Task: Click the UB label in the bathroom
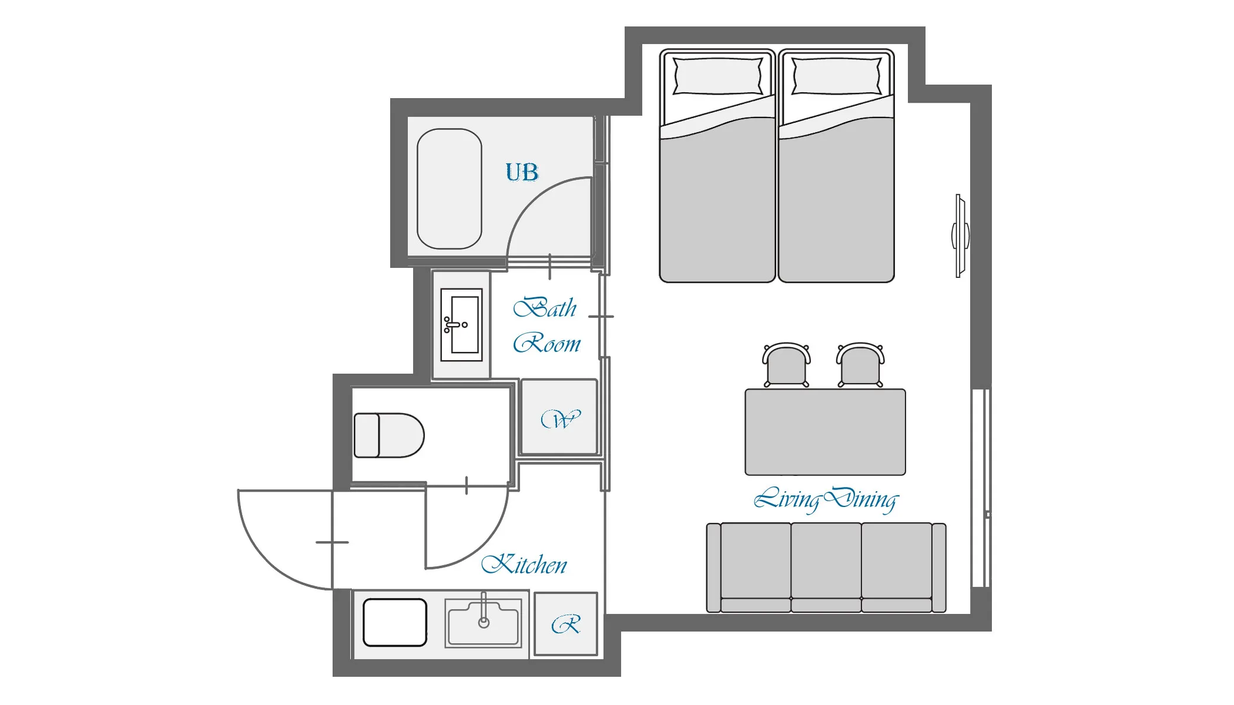point(522,172)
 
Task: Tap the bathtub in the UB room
point(450,189)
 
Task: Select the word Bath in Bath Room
point(545,308)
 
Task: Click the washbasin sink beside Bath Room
point(461,324)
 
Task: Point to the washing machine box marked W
point(559,417)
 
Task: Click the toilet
point(389,435)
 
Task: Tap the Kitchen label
point(524,565)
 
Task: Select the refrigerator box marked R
point(566,624)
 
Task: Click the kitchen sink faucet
point(484,610)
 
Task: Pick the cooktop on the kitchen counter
point(395,622)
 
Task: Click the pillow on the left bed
point(717,76)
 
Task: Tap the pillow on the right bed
point(837,76)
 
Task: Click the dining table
point(825,432)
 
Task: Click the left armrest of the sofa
point(713,568)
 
